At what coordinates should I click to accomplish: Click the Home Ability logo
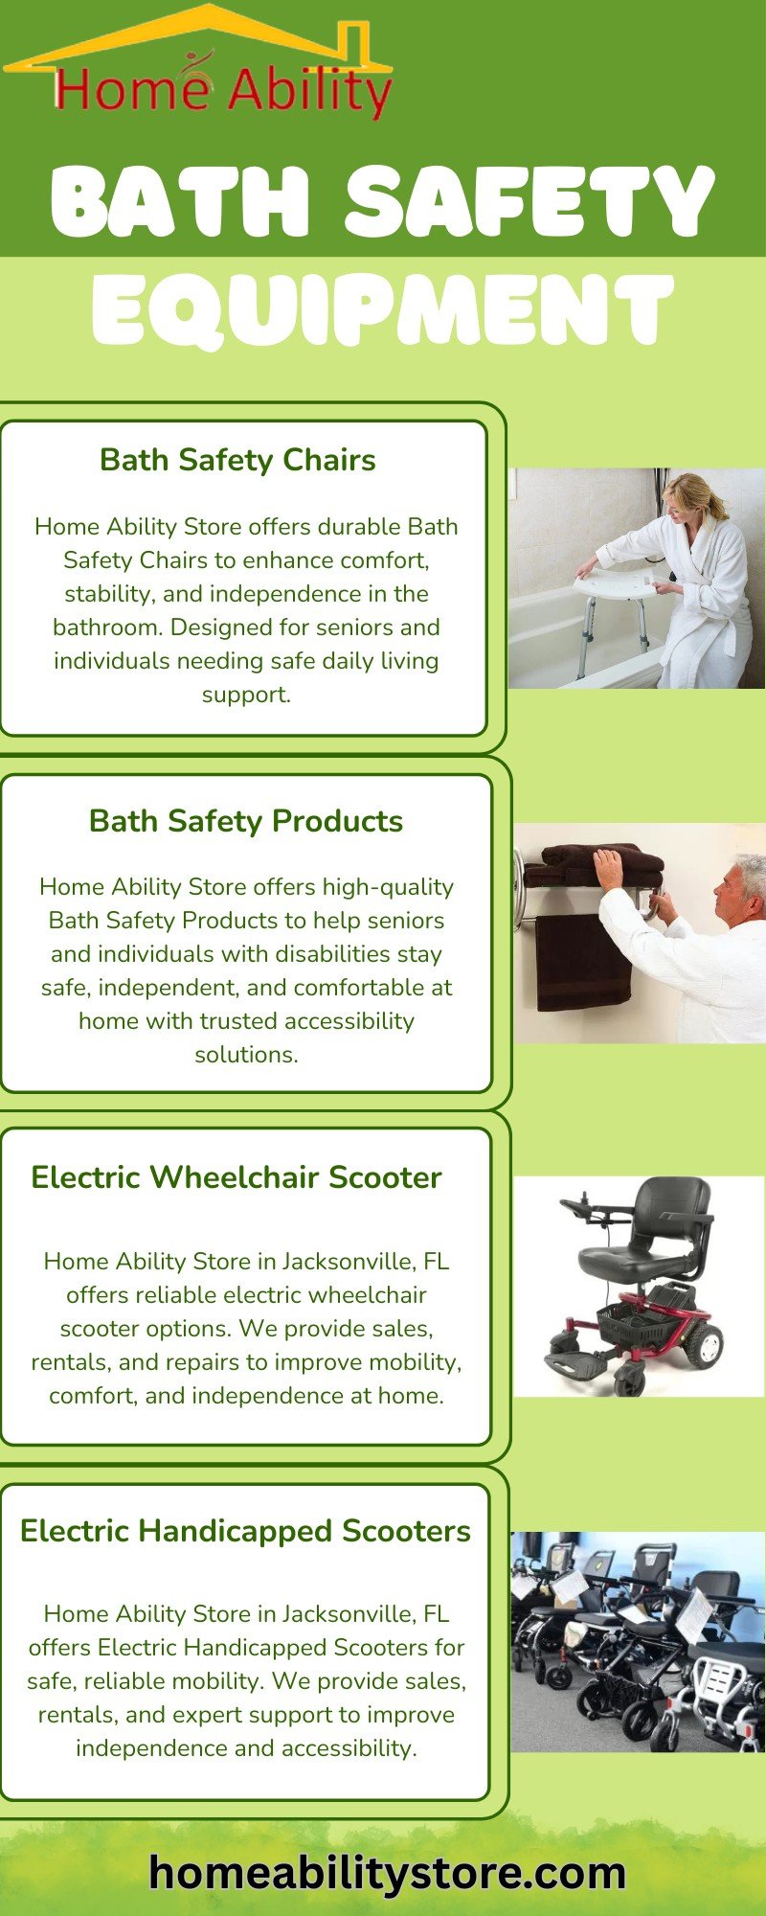click(197, 61)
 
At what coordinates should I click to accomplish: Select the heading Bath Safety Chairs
click(237, 460)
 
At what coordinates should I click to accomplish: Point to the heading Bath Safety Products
click(246, 821)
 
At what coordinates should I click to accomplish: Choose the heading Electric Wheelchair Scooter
click(237, 1176)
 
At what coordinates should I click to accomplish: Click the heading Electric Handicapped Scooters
click(245, 1530)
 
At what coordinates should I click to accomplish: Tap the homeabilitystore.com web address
click(388, 1872)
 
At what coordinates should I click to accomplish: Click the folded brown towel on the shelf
click(594, 864)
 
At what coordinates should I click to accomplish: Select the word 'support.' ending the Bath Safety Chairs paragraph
click(246, 695)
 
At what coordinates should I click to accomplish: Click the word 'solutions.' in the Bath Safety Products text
click(246, 1054)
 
